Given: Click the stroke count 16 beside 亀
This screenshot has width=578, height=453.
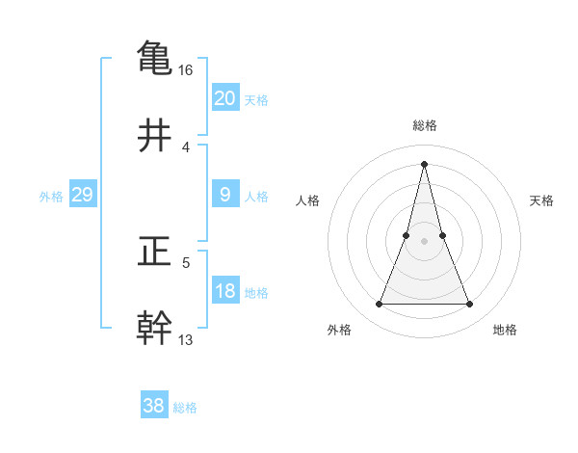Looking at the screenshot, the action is click(x=186, y=70).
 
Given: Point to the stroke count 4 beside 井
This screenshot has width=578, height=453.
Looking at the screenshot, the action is click(x=186, y=147).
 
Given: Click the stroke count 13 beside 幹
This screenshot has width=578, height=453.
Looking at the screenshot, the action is click(x=186, y=339).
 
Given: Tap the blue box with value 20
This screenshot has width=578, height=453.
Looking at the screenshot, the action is click(x=224, y=98).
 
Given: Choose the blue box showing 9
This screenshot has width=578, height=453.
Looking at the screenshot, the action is click(x=224, y=195).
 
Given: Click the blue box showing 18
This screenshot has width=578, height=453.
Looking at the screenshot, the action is click(x=224, y=291).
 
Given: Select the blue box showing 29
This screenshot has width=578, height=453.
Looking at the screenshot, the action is click(x=82, y=195).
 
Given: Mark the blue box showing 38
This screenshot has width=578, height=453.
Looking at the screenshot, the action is click(x=153, y=406).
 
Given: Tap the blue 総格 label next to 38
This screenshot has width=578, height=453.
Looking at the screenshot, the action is click(x=185, y=408).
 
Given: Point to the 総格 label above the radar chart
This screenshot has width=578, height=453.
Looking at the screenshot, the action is click(x=424, y=125).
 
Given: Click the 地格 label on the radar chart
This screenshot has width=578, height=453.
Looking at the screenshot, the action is click(x=505, y=330).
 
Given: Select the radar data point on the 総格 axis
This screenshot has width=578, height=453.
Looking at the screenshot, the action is click(x=424, y=163).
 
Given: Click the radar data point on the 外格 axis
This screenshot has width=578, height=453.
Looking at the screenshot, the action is click(x=379, y=305).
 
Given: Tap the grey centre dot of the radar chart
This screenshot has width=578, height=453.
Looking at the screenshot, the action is click(x=424, y=241).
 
